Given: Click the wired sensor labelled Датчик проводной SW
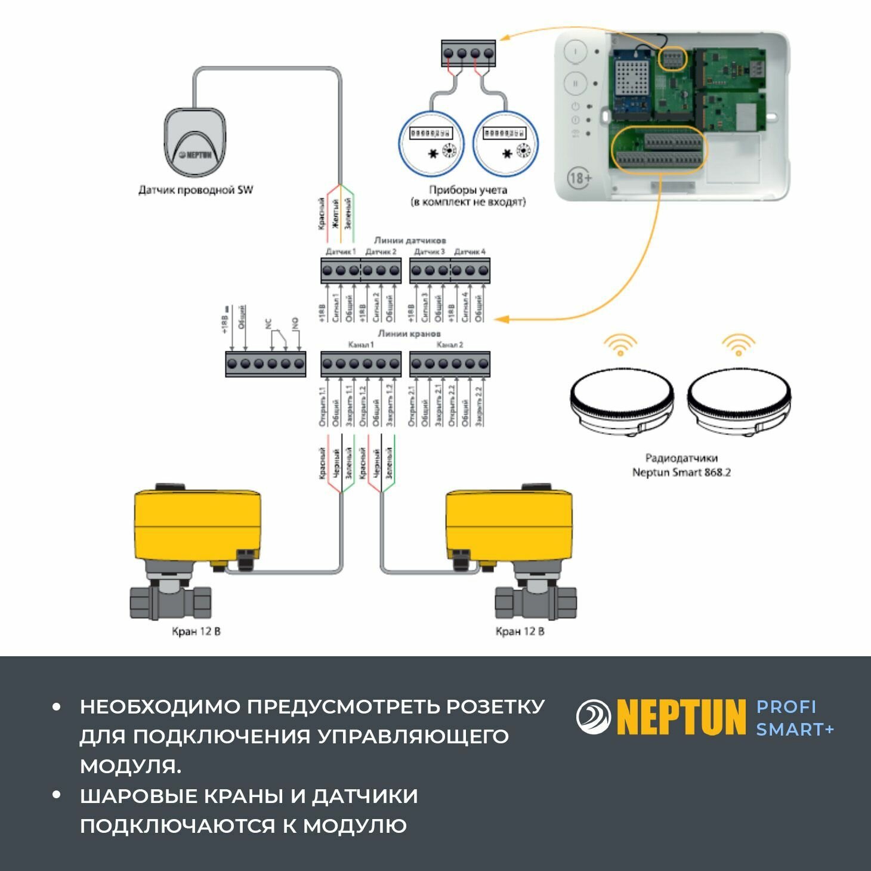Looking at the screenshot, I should [196, 143].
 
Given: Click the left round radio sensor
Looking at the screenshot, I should [622, 400].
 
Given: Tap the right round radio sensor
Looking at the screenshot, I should [739, 400].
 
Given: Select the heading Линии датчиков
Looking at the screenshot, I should [410, 240].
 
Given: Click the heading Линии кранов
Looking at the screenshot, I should [409, 333].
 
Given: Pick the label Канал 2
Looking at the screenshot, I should [449, 345].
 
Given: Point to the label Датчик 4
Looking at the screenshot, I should [470, 252].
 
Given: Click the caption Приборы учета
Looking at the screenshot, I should [468, 190].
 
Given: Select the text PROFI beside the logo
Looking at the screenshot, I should [786, 707].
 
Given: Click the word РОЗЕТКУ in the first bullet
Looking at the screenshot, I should [495, 706].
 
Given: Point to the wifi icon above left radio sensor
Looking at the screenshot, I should [620, 344].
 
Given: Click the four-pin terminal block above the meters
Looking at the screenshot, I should [468, 53].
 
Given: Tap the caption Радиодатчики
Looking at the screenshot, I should [681, 458].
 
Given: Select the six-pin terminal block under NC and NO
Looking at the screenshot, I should [265, 364].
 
